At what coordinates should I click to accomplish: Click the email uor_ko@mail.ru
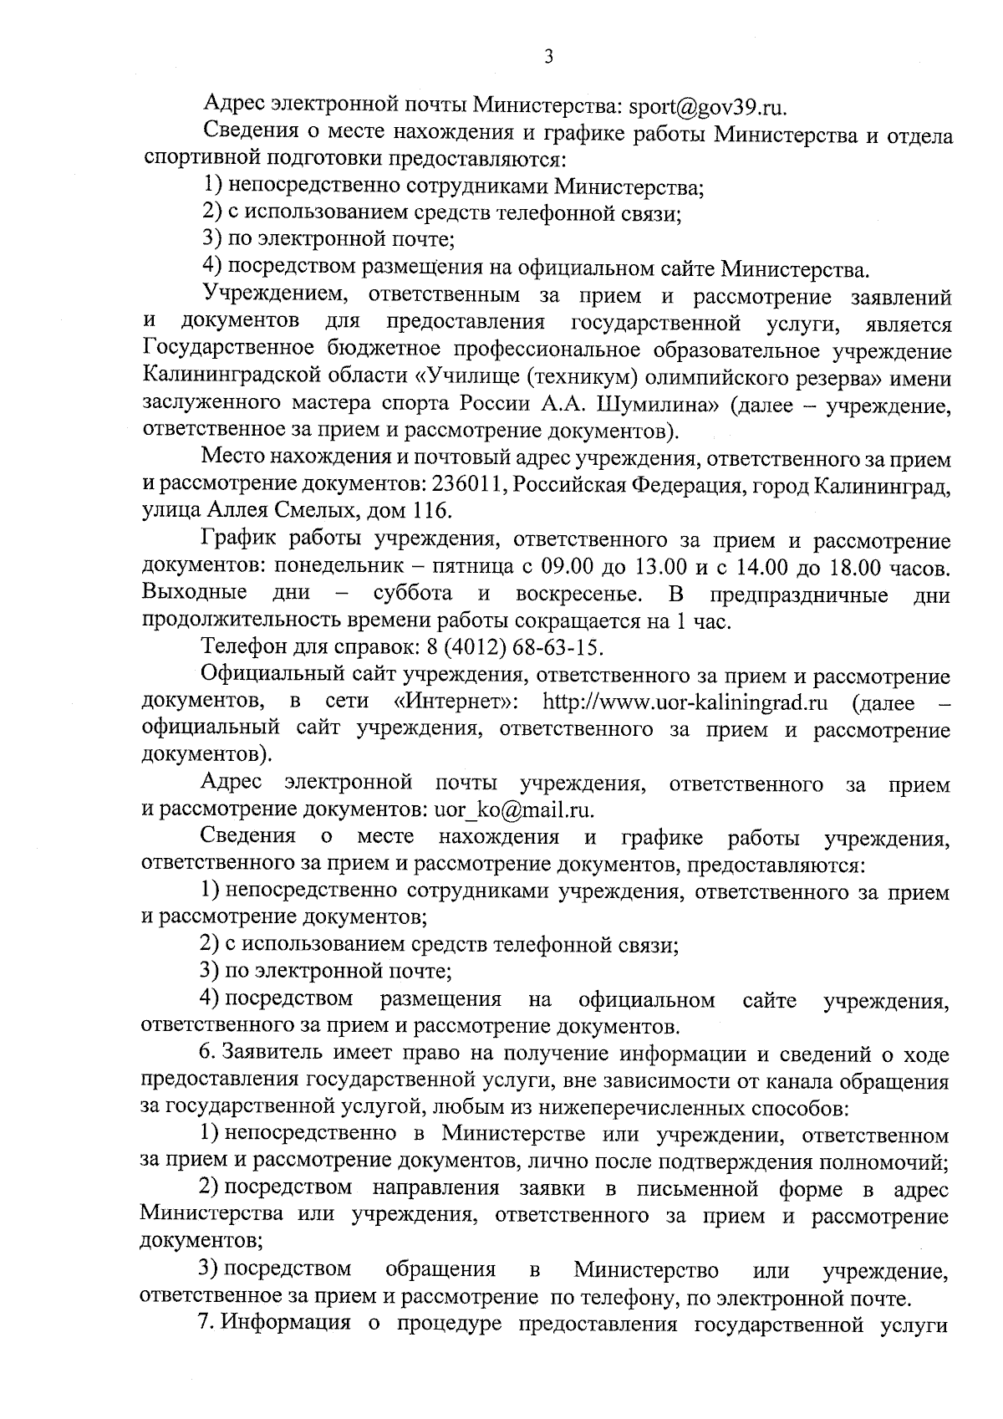point(513,809)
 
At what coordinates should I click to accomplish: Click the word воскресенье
point(579,594)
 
